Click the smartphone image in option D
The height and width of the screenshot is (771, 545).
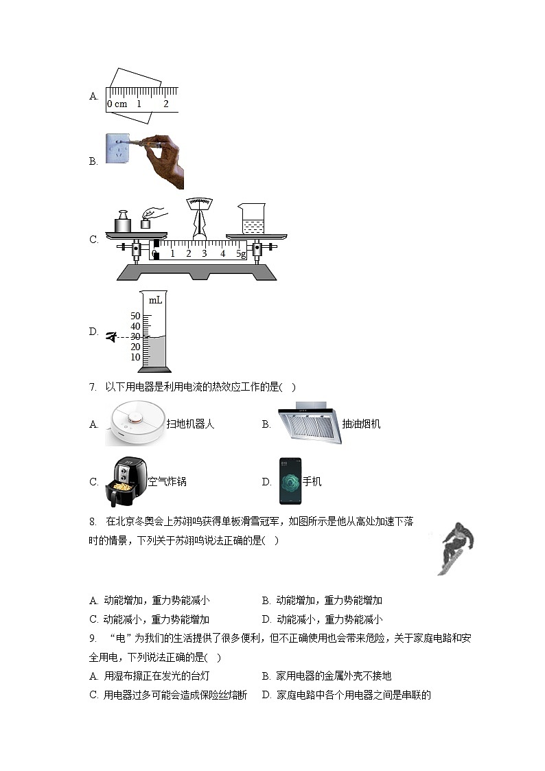pyautogui.click(x=290, y=481)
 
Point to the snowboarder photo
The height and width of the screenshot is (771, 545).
pyautogui.click(x=456, y=548)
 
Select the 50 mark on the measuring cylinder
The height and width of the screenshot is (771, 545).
pyautogui.click(x=135, y=316)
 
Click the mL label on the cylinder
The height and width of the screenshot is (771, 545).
pyautogui.click(x=155, y=300)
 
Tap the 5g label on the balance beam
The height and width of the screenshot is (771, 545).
pyautogui.click(x=241, y=254)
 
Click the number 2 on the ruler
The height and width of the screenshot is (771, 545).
pyautogui.click(x=165, y=104)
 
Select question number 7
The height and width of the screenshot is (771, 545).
pyautogui.click(x=93, y=387)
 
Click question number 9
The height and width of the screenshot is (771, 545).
pyautogui.click(x=93, y=638)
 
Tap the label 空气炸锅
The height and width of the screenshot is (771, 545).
pyautogui.click(x=167, y=482)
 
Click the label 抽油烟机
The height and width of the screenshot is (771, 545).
pyautogui.click(x=360, y=424)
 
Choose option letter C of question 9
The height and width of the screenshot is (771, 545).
pyautogui.click(x=94, y=695)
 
